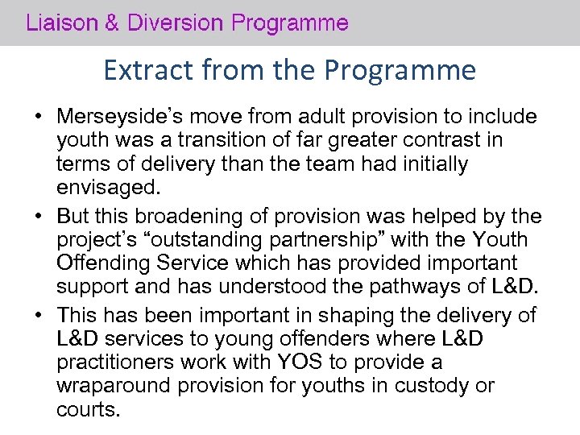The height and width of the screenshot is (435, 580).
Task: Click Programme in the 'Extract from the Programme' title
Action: tap(400, 72)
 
